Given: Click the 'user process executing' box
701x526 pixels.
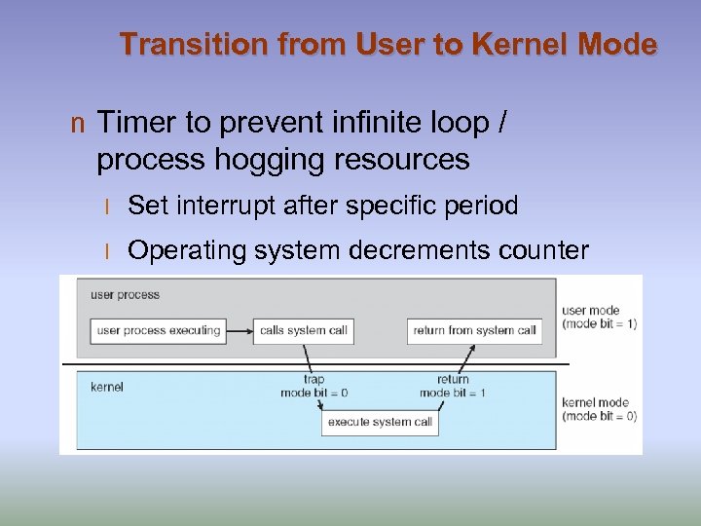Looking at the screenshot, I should (x=159, y=330).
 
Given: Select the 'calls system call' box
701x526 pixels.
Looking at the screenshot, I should (x=303, y=330).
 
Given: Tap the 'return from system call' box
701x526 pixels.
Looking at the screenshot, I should (x=474, y=330).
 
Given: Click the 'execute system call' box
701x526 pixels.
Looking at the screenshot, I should (x=380, y=422).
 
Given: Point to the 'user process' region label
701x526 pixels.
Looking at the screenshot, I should (x=126, y=294).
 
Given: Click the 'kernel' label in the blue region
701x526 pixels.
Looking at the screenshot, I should (x=108, y=387).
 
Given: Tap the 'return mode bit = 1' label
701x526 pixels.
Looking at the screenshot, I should (x=453, y=386).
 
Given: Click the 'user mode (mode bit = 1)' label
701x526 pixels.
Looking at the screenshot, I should (x=598, y=318).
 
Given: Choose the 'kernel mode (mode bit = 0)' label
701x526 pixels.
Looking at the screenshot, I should (x=599, y=409).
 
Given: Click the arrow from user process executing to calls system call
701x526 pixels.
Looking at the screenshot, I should (x=240, y=330).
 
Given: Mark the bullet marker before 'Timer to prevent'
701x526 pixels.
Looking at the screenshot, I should (x=77, y=125).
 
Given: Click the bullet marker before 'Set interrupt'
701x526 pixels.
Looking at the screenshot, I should (x=109, y=207).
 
